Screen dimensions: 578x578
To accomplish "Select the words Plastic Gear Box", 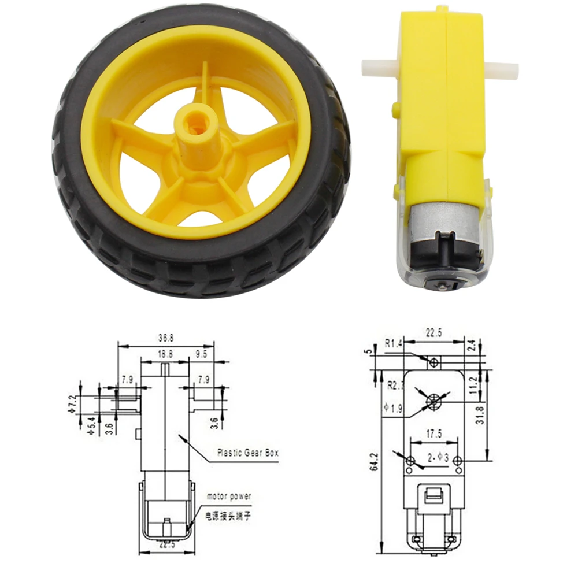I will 247,453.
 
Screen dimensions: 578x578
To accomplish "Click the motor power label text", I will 229,496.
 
